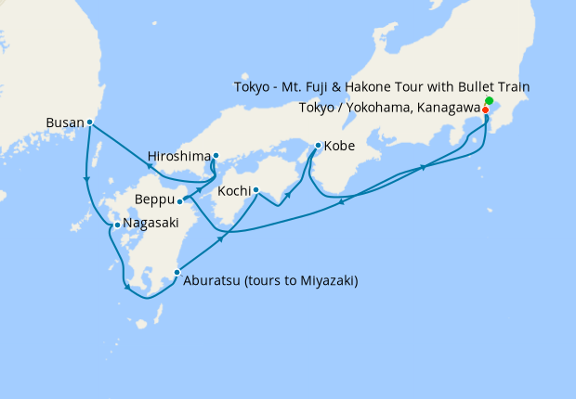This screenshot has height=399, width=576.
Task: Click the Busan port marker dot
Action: click(90, 122)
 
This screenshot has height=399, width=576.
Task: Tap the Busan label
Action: click(64, 122)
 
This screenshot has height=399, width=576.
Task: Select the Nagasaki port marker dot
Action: click(115, 225)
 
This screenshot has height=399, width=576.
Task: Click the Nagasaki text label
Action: click(151, 225)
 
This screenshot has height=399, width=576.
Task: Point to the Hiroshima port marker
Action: click(216, 156)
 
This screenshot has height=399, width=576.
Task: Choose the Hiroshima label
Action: click(179, 155)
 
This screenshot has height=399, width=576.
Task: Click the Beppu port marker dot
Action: click(179, 200)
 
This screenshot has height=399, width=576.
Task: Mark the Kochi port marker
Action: click(255, 192)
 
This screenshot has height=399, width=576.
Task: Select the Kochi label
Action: click(233, 192)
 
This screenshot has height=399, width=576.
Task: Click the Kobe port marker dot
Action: click(318, 146)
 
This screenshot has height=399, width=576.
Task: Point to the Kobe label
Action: click(339, 146)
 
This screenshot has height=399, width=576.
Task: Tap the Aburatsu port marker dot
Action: click(177, 273)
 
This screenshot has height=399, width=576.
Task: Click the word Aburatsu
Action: click(213, 281)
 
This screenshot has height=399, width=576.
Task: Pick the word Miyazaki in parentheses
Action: click(325, 281)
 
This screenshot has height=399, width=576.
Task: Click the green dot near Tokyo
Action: click(490, 100)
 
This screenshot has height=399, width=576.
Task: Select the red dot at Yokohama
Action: click(486, 109)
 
